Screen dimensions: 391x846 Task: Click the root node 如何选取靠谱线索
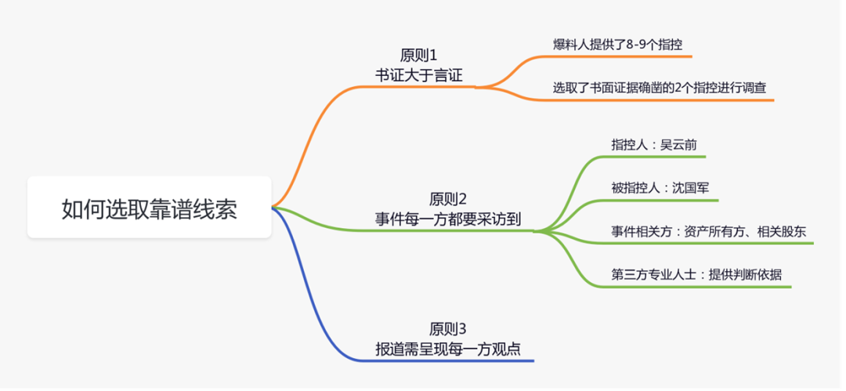coord(149,208)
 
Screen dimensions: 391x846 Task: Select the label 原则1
coord(418,56)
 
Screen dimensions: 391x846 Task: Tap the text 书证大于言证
coord(418,75)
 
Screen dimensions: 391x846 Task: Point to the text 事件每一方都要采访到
coord(448,219)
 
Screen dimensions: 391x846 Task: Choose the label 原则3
coord(448,328)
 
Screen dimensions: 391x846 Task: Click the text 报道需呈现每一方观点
coord(448,348)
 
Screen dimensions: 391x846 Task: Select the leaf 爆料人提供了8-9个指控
coord(612,44)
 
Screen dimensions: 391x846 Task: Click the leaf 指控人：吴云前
coord(653,145)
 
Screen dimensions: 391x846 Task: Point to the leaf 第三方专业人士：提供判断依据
coord(696,274)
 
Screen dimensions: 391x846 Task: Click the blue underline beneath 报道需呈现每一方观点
coord(470,361)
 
